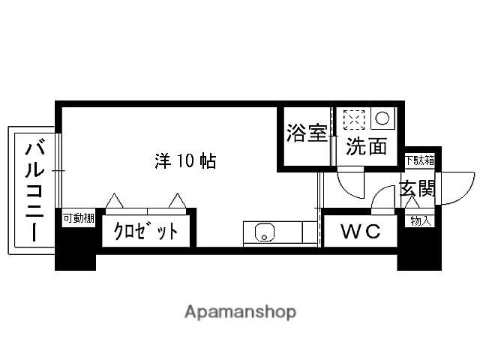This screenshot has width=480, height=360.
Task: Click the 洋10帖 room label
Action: tap(185, 160)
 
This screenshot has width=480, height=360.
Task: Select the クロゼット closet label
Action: tap(147, 231)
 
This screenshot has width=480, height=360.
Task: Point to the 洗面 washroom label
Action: tap(366, 146)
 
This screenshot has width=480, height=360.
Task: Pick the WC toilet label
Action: tap(361, 232)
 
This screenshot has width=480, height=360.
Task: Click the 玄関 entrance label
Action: tap(416, 188)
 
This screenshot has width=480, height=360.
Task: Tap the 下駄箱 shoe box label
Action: tap(418, 160)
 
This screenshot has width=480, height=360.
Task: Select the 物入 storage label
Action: tap(419, 220)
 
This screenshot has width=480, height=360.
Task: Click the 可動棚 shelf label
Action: tap(78, 218)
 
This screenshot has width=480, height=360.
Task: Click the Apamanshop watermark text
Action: tap(240, 311)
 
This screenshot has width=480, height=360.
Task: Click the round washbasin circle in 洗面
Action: tap(382, 118)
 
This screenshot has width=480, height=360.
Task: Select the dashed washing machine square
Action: tap(352, 119)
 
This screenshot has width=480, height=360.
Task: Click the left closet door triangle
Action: tap(114, 200)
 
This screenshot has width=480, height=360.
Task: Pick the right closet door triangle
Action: tap(178, 200)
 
